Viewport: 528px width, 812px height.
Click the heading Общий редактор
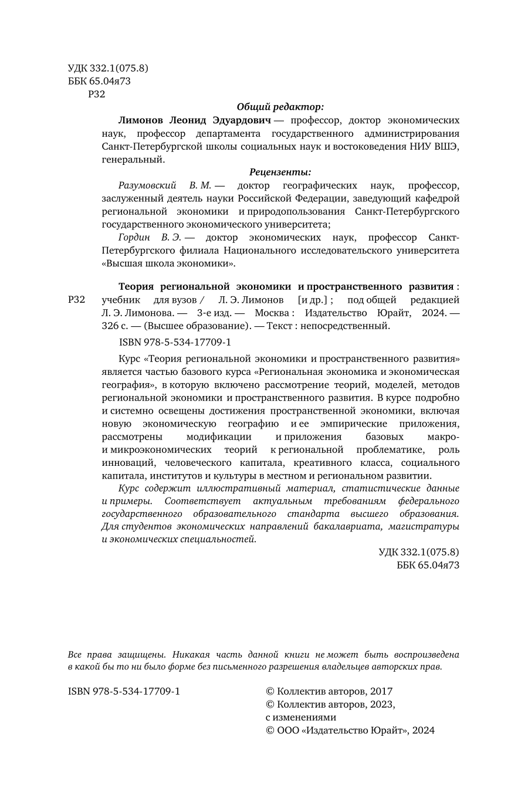pyautogui.click(x=280, y=107)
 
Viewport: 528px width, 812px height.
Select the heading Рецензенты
pyautogui.click(x=280, y=172)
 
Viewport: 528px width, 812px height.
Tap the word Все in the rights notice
pyautogui.click(x=75, y=654)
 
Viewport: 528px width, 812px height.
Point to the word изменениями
pyautogui.click(x=307, y=718)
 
